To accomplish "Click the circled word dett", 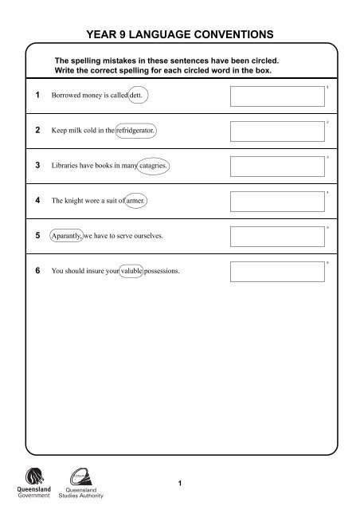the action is (x=139, y=95).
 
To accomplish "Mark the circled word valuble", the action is (x=126, y=272).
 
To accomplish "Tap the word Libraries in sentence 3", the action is (x=65, y=166).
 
